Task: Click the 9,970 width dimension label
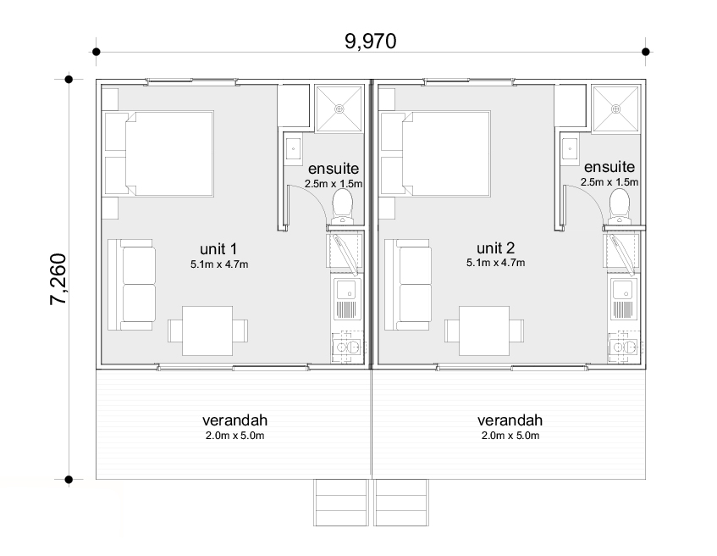371,42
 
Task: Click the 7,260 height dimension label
58,280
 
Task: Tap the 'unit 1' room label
218,249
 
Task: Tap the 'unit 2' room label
496,248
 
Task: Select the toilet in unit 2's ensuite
619,207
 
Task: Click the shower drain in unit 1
339,109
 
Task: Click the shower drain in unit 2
615,109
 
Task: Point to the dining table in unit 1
207,331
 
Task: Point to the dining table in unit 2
484,331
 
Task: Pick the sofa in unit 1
132,285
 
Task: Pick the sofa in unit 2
408,285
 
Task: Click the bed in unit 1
159,153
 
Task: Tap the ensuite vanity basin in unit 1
293,149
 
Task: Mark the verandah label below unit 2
510,420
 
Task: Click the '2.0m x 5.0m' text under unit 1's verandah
234,436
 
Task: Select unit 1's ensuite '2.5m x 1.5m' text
334,184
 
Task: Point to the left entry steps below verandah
341,503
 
